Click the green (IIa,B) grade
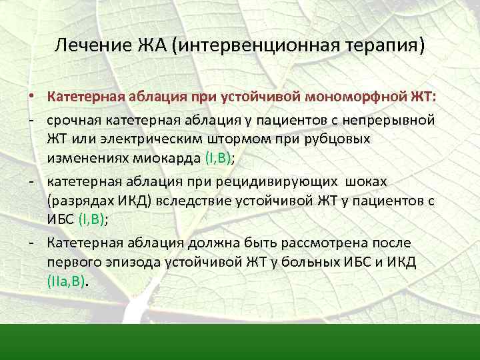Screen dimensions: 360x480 pyautogui.click(x=67, y=281)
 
